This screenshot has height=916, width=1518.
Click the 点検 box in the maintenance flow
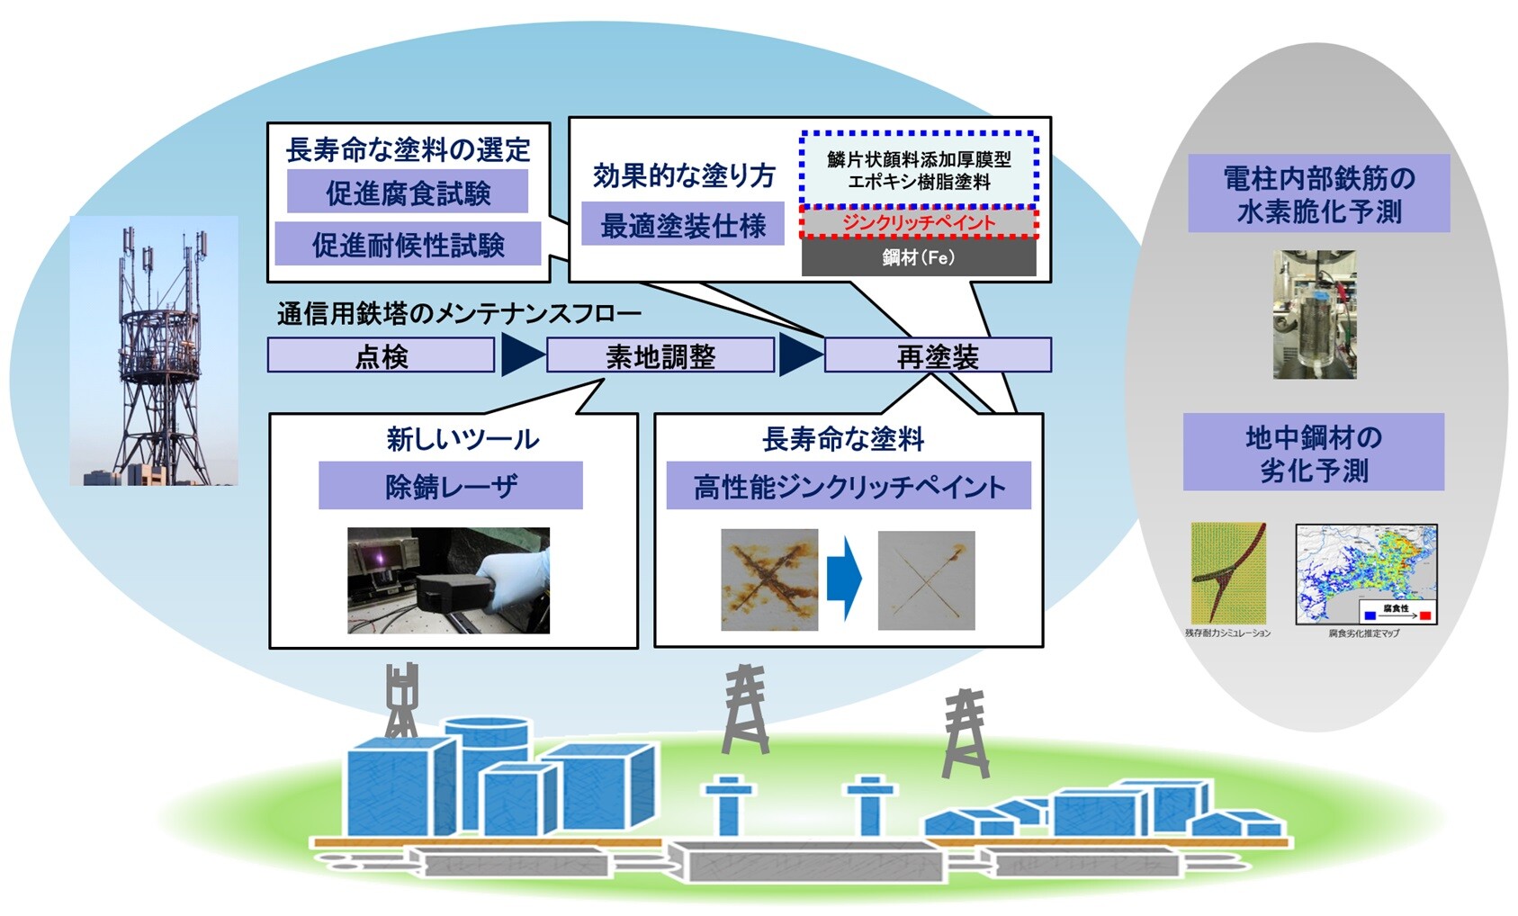(381, 355)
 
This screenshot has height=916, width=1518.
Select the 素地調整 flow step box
(660, 355)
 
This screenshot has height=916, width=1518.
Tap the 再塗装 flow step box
(938, 355)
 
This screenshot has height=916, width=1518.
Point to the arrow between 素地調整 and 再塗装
(799, 355)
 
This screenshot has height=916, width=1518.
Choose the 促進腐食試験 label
(408, 193)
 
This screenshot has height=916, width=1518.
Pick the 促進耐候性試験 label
(408, 244)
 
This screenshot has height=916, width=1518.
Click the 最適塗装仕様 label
(683, 225)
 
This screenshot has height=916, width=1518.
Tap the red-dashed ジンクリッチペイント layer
(919, 222)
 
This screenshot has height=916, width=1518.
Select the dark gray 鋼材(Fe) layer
(919, 258)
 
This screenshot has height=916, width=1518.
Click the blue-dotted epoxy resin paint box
(919, 169)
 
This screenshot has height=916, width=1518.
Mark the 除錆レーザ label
(451, 486)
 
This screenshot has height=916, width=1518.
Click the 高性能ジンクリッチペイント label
(849, 487)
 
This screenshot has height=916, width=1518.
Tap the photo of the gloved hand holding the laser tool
(448, 580)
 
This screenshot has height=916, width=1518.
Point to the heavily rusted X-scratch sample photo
(769, 579)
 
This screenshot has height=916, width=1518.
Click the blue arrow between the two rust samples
(845, 579)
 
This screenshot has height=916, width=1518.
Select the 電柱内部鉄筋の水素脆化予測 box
(1318, 193)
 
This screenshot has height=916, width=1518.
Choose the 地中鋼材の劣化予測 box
(1313, 452)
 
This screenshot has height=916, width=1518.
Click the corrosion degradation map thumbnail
(1366, 574)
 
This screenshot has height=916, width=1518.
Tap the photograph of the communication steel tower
(154, 351)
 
